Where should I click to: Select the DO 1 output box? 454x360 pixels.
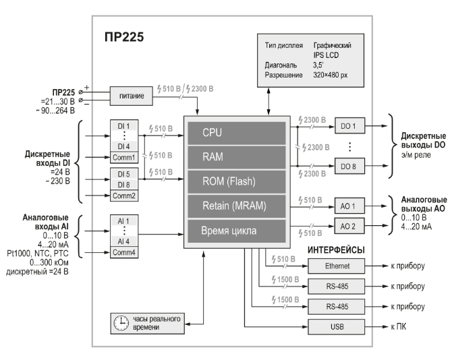tap(349, 125)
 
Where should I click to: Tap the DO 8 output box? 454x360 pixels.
tap(349, 167)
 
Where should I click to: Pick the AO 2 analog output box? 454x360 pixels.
tap(349, 224)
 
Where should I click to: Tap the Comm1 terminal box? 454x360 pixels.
tap(124, 158)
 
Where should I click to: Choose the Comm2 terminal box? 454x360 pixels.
tap(124, 196)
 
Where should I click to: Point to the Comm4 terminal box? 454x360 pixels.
tap(124, 253)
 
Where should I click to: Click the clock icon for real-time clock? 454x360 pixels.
tap(121, 322)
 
